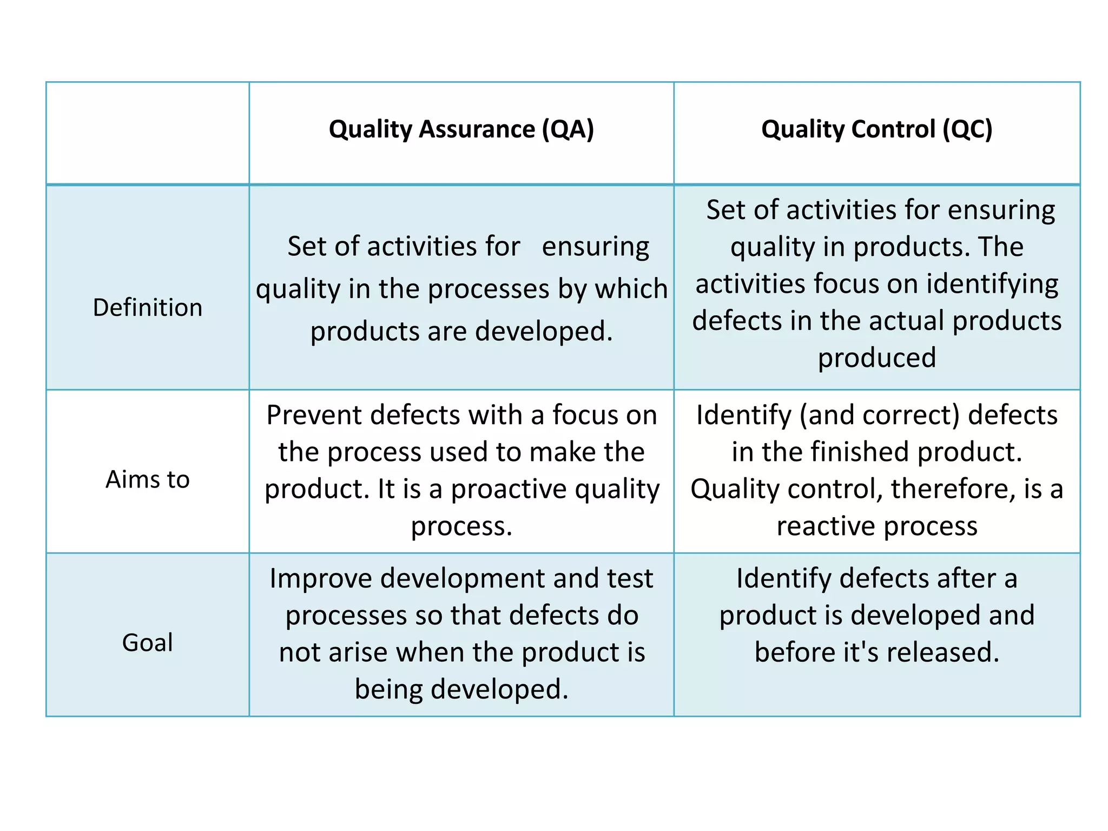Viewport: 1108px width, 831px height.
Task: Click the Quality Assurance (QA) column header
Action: (461, 130)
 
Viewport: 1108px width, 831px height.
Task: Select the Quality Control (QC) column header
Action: (876, 130)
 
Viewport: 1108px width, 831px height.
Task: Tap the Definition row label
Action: (147, 307)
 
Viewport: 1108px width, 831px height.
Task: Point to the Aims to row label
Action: (147, 479)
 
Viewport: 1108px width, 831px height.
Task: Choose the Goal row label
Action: (147, 643)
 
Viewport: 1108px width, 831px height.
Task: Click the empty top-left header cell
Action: (147, 133)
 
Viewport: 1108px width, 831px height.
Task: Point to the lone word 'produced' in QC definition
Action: (876, 358)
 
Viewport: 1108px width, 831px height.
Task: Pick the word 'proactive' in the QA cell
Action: (509, 489)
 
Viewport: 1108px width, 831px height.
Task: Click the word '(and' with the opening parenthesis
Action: (827, 415)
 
